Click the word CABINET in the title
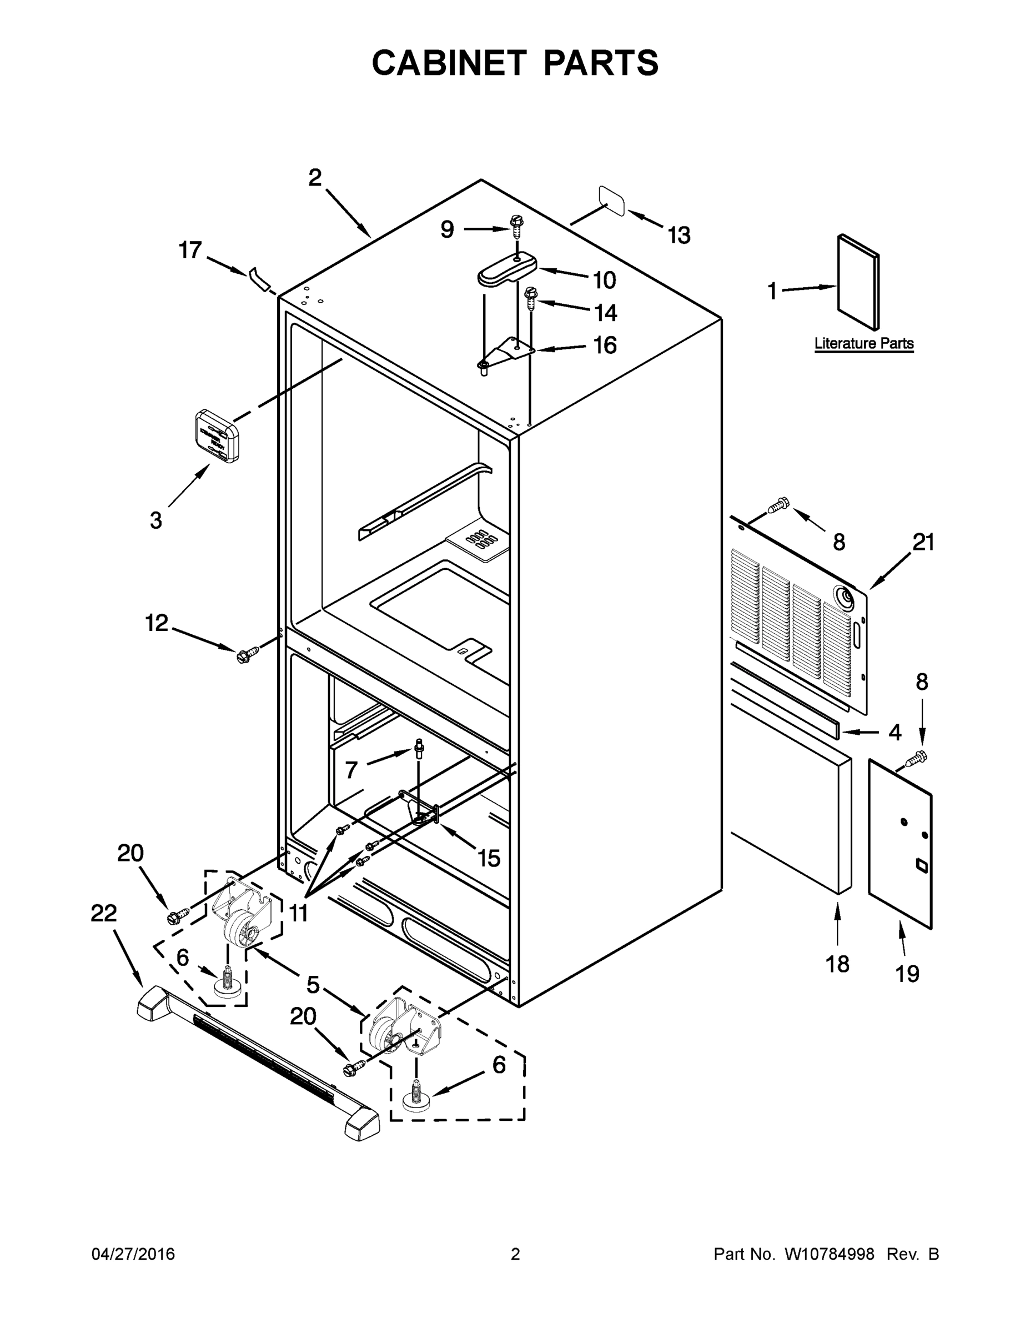click(449, 63)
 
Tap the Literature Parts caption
click(864, 343)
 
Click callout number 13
click(679, 235)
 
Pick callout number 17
click(190, 250)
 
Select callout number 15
click(489, 858)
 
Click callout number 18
click(837, 964)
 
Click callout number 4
click(895, 733)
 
